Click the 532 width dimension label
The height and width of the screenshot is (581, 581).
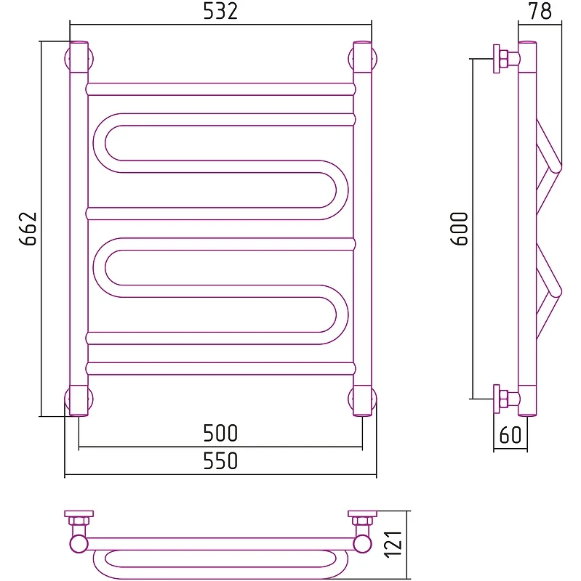click(x=220, y=12)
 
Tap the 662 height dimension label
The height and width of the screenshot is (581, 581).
click(x=28, y=229)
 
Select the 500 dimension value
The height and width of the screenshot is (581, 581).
click(x=220, y=433)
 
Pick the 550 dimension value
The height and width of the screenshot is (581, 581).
click(x=220, y=460)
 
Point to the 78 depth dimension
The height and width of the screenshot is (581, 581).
click(x=540, y=12)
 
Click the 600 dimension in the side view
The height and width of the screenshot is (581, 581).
click(x=460, y=229)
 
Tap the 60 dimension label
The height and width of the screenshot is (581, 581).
click(x=510, y=435)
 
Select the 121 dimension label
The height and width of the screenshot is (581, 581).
click(x=393, y=543)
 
